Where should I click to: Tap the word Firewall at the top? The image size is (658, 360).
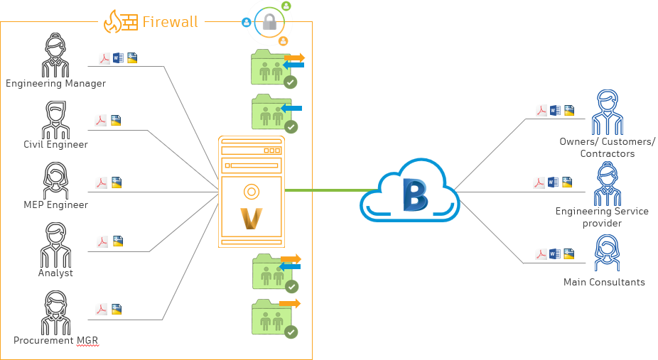(x=170, y=22)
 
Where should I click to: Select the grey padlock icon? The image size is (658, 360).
(x=270, y=23)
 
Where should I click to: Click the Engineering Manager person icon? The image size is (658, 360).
(x=55, y=56)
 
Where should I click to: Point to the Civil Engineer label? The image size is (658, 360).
(x=55, y=145)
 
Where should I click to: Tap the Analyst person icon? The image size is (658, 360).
(x=55, y=244)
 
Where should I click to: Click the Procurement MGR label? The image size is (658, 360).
(x=55, y=341)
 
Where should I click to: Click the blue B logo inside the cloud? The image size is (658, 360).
(x=413, y=195)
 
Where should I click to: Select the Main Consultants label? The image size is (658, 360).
(x=604, y=282)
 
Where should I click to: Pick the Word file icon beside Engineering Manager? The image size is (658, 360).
(x=118, y=58)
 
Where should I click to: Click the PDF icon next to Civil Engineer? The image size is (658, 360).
(x=102, y=121)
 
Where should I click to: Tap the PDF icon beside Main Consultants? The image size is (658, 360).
(x=541, y=254)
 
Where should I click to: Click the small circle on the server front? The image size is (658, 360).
(x=250, y=191)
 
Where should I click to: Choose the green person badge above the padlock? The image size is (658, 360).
(x=286, y=6)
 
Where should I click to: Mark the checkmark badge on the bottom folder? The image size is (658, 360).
(x=291, y=332)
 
